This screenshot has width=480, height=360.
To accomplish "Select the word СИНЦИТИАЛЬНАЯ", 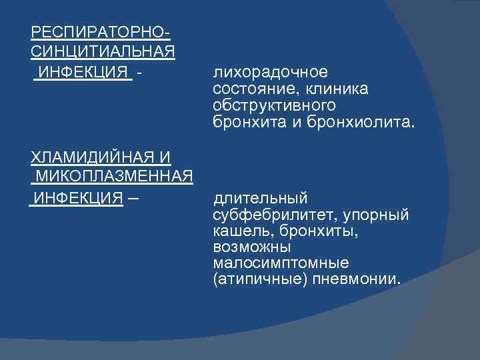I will [x=103, y=52].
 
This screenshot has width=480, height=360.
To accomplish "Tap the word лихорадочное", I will [x=271, y=72].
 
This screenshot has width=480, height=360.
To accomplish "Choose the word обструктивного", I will [x=274, y=106].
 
